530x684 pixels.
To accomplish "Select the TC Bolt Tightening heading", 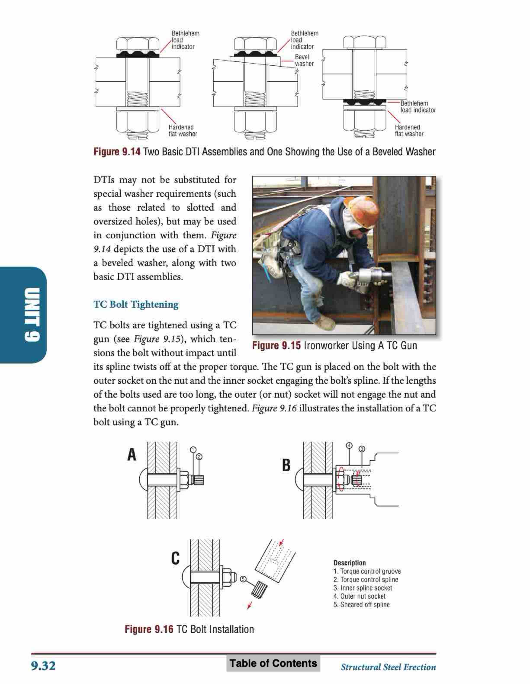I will (x=136, y=304).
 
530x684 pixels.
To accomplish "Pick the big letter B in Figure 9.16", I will (x=286, y=465).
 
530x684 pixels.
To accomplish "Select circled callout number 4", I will (x=349, y=446).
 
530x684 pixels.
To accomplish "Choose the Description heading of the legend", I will (x=349, y=563).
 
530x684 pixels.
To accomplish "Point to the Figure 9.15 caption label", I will (x=276, y=346).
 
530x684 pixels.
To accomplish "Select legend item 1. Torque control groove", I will (x=367, y=571).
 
